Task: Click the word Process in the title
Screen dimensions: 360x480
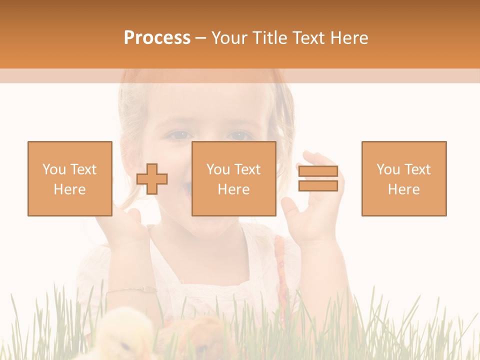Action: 157,38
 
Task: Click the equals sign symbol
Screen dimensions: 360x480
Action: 318,179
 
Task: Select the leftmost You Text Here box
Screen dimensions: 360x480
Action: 70,179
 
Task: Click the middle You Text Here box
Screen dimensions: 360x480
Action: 233,179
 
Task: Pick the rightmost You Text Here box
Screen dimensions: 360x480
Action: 404,179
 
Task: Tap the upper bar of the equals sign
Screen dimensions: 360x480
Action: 318,171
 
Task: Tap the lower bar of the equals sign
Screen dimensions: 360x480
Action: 318,186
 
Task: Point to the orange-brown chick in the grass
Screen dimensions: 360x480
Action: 205,335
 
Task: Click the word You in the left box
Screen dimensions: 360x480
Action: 54,169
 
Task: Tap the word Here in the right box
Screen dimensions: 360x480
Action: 404,189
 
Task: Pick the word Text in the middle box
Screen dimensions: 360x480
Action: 247,169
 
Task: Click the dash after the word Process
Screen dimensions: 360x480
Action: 200,38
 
